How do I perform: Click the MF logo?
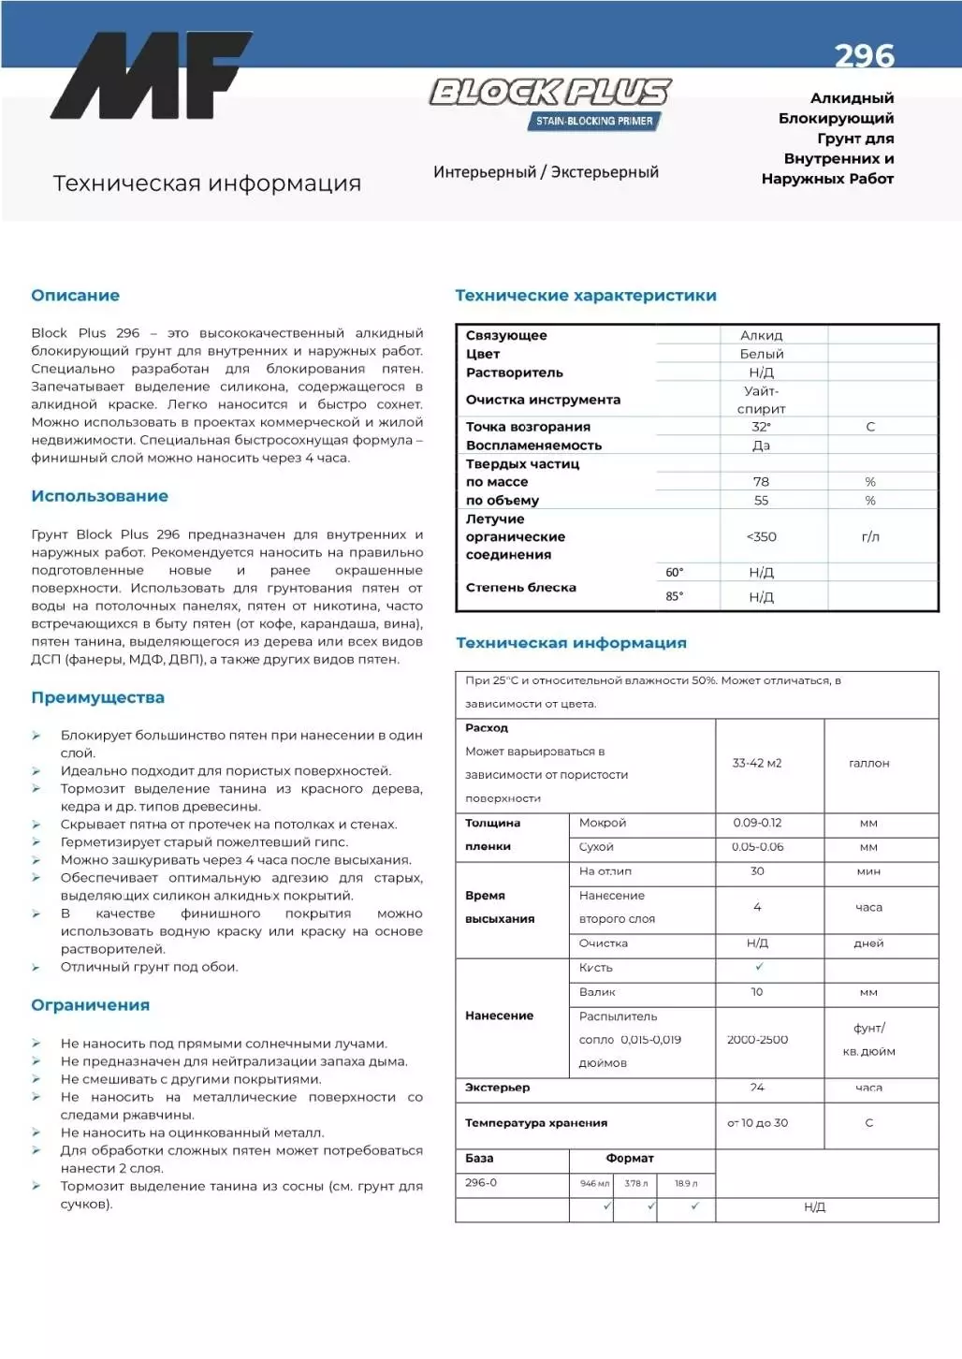[151, 76]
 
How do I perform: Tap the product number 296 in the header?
[864, 57]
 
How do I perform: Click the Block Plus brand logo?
[550, 92]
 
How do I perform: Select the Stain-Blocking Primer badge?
[594, 121]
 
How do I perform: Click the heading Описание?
[75, 296]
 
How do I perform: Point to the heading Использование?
[99, 496]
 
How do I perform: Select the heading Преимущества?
[97, 697]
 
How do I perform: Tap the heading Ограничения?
[90, 1005]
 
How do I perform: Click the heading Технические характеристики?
[585, 296]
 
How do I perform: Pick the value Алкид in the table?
[761, 335]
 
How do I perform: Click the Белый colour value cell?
[761, 354]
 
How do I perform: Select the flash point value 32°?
[761, 427]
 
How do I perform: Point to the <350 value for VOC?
[761, 536]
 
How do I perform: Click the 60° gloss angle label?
[674, 572]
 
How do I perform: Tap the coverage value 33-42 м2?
[756, 763]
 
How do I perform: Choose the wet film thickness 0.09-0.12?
[756, 823]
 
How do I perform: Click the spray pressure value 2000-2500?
[756, 1039]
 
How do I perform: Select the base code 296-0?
[481, 1182]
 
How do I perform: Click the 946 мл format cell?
[593, 1183]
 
